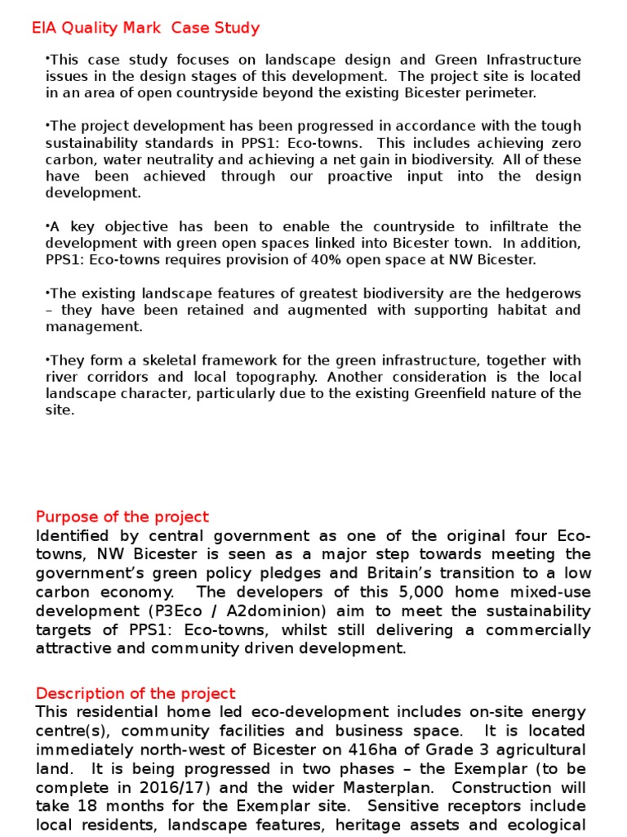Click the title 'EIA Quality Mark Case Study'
pyautogui.click(x=145, y=29)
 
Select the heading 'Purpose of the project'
pyautogui.click(x=122, y=517)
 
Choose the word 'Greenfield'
pyautogui.click(x=452, y=394)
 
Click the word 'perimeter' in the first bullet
pyautogui.click(x=505, y=92)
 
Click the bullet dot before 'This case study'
pyautogui.click(x=48, y=60)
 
